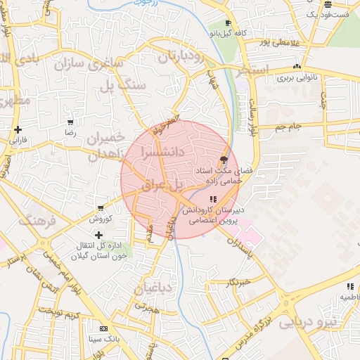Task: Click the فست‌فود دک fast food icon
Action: [328, 4]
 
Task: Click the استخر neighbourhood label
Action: [252, 70]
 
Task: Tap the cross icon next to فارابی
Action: [18, 129]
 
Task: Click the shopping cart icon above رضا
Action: [70, 123]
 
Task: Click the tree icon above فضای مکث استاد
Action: [224, 160]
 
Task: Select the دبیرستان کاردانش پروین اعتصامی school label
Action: [212, 214]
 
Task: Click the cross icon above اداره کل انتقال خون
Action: [98, 235]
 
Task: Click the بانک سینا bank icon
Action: [104, 328]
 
